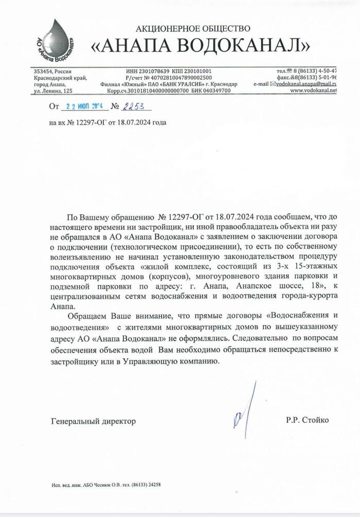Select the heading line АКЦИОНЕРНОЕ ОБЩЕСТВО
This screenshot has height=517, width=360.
pyautogui.click(x=193, y=28)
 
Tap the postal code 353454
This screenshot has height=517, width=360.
pyautogui.click(x=43, y=71)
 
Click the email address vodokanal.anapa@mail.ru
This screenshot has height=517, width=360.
pyautogui.click(x=307, y=83)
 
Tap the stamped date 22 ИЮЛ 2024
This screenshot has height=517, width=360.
pyautogui.click(x=82, y=106)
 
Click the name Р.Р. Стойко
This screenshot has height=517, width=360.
pyautogui.click(x=308, y=420)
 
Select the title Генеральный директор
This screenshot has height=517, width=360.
pyautogui.click(x=94, y=421)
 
